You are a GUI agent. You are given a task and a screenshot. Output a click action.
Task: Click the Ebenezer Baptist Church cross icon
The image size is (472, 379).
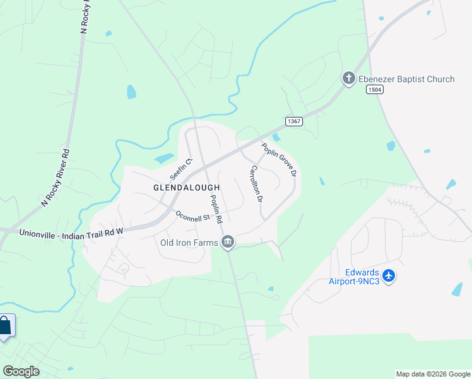point(348,79)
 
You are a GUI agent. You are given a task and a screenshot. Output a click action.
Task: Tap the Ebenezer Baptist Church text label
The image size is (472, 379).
point(406,79)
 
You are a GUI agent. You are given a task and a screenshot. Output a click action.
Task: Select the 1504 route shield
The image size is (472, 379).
point(374,90)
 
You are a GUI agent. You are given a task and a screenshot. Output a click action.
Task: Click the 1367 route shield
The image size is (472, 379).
point(293,121)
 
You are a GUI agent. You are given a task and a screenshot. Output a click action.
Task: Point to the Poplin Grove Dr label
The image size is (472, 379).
point(280,159)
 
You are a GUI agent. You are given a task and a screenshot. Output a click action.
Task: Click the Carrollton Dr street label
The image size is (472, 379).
point(256,183)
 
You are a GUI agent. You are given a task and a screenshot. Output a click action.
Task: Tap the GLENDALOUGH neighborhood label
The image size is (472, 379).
point(187,188)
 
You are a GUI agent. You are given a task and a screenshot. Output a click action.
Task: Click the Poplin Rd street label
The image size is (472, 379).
point(216,209)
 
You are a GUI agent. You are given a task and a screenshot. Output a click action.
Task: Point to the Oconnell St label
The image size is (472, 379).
point(192,217)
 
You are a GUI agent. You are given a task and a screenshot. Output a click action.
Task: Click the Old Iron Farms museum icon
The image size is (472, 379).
point(228,242)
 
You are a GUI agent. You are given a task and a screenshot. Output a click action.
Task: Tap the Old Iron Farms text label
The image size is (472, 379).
point(189,242)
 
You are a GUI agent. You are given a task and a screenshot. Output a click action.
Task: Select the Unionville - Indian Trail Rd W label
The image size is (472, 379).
point(71,232)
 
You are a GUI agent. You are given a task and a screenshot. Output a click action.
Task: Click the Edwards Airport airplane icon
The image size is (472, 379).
point(388,276)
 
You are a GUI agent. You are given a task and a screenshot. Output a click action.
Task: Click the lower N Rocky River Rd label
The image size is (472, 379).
point(55,177)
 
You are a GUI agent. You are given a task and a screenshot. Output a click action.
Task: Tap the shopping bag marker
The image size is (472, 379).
point(5,327)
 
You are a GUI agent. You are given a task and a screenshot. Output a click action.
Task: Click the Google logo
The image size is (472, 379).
point(21,371)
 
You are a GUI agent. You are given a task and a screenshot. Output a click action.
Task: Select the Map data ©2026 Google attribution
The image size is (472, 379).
point(433,374)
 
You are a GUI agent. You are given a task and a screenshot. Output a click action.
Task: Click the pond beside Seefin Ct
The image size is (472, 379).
point(163,158)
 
